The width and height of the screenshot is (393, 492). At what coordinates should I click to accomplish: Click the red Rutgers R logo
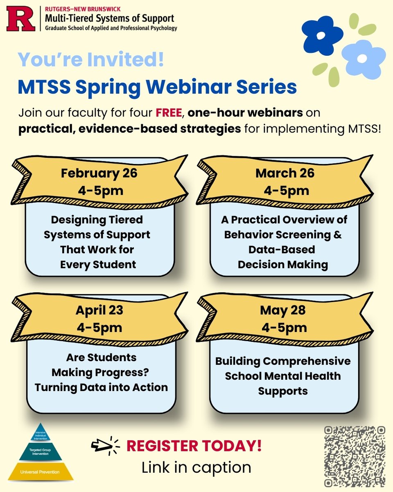click(x=20, y=19)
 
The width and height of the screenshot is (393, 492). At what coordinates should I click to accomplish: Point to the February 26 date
click(x=99, y=173)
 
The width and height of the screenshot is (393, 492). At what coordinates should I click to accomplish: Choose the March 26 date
click(x=285, y=173)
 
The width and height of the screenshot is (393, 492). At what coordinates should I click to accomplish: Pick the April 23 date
click(x=99, y=310)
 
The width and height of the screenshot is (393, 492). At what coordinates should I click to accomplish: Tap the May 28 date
click(x=282, y=310)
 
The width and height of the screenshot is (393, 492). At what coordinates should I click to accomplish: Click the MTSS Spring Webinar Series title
click(x=157, y=87)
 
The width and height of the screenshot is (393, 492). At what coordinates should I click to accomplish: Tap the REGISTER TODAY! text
click(x=194, y=446)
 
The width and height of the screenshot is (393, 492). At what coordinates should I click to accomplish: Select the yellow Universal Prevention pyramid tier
click(x=41, y=472)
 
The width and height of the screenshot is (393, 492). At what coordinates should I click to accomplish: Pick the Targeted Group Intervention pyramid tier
click(x=41, y=451)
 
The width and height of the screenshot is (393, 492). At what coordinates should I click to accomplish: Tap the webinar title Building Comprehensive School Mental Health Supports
click(x=282, y=376)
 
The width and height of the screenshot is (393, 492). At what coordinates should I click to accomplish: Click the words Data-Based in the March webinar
click(x=282, y=250)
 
